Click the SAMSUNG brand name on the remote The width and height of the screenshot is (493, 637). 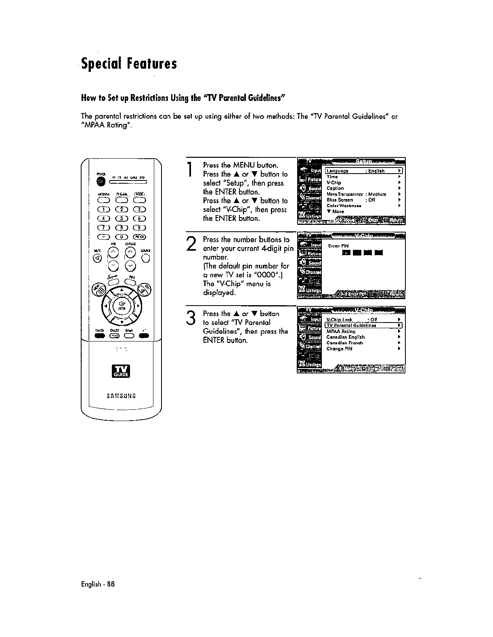pos(121,396)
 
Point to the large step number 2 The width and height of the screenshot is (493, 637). pos(191,244)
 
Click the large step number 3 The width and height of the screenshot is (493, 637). pos(191,318)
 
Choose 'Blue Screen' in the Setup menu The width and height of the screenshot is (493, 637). pos(340,200)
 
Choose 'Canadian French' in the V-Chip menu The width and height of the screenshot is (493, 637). pos(344,343)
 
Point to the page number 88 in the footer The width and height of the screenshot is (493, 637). pos(111,584)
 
